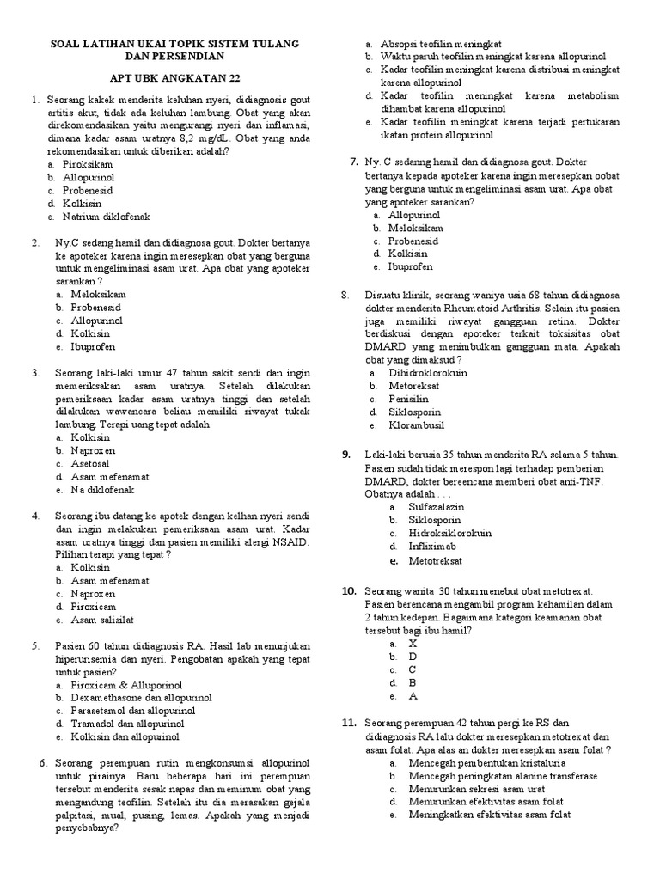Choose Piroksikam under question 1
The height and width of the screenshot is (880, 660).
coord(85,162)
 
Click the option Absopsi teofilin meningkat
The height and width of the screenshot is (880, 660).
coord(441,43)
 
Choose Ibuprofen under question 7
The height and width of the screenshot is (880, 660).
coord(411,267)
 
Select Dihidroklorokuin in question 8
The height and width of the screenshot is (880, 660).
coord(428,373)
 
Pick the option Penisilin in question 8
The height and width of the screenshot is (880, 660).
coord(409,399)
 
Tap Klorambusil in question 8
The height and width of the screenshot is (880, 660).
coord(417,425)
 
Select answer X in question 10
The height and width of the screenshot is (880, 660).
coord(412,643)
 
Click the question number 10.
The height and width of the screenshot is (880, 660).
coord(349,591)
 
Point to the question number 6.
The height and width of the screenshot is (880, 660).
coord(43,762)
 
